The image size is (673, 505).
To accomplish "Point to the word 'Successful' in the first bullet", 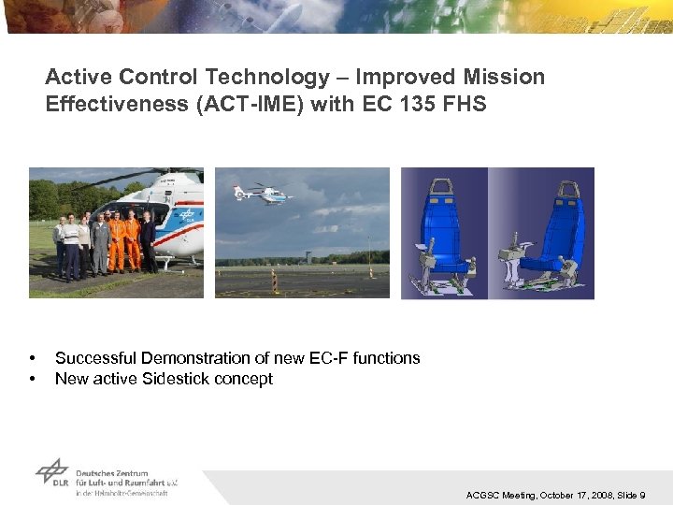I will (x=92, y=358).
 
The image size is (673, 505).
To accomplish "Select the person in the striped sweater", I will (x=71, y=245).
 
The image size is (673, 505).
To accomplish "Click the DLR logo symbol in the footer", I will (x=51, y=471).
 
